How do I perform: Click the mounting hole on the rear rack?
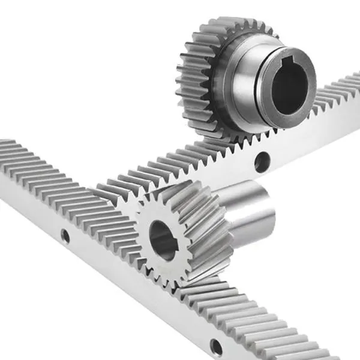[x=261, y=161]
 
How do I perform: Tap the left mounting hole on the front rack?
[x=65, y=236]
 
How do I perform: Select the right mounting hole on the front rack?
[x=215, y=346]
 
